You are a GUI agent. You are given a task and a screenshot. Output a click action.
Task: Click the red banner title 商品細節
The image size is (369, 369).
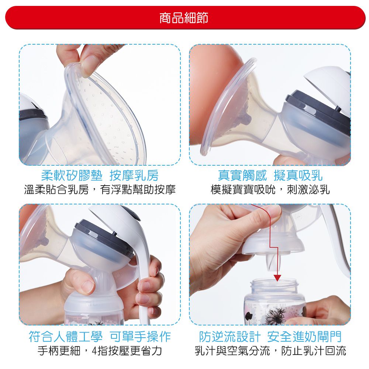click(184, 17)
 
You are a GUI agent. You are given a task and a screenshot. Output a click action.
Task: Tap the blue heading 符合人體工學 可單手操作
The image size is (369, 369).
click(100, 336)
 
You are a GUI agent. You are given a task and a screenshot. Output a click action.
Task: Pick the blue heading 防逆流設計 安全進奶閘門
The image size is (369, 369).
click(270, 336)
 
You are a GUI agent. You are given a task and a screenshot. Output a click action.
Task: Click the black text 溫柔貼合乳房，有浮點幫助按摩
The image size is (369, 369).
click(100, 190)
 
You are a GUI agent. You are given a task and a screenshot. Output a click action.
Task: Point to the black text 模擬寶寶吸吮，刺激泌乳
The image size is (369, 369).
click(270, 190)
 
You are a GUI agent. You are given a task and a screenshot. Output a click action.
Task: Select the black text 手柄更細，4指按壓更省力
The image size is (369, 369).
click(100, 350)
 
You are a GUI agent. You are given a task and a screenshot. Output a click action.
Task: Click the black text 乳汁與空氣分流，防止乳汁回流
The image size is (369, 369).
click(270, 350)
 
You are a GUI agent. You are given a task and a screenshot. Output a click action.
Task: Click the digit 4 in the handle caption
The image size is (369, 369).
click(96, 350)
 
